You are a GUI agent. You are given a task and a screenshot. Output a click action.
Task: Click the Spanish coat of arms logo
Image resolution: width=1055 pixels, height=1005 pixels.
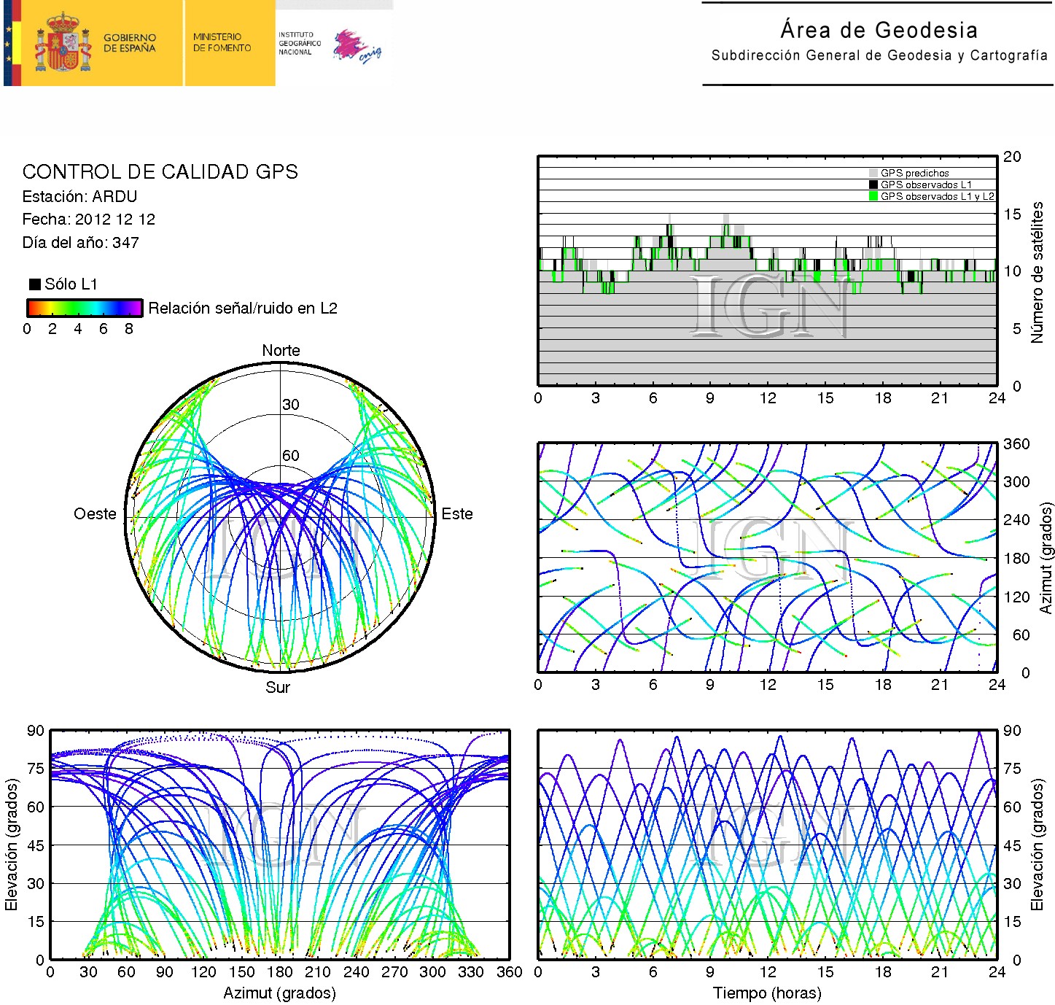63,43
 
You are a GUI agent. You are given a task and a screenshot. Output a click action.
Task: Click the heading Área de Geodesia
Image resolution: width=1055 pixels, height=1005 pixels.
879,30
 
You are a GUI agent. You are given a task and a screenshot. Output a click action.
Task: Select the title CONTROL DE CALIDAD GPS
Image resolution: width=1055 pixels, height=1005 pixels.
160,172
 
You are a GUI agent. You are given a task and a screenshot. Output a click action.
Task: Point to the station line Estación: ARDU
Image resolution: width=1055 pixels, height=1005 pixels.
79,197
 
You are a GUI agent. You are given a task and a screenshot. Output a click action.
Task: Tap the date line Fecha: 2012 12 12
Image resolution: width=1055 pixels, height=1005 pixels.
88,220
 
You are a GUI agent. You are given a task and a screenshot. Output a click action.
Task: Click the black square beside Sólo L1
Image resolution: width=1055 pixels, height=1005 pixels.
34,284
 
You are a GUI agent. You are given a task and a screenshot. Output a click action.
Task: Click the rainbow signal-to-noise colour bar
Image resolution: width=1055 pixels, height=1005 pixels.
85,308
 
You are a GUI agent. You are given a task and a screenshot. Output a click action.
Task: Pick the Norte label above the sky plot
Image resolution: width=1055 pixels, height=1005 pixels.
281,351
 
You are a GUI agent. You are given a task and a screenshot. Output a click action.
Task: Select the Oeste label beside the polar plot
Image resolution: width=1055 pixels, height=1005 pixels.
95,514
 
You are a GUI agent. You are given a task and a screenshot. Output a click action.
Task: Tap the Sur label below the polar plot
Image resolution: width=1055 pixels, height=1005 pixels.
278,688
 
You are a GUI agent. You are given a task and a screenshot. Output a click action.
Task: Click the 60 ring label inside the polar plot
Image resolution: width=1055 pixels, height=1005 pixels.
291,456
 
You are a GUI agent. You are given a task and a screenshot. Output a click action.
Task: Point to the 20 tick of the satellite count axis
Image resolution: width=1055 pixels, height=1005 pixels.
1012,157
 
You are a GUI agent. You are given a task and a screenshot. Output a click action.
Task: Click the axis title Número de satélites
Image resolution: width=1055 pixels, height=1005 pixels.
1037,272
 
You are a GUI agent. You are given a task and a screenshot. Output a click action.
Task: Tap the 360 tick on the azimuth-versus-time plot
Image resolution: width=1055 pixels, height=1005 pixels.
1016,444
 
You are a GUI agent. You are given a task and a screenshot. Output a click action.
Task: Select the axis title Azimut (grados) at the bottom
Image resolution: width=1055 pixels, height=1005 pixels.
279,993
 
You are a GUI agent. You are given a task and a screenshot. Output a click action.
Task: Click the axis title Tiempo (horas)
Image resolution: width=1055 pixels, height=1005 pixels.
767,993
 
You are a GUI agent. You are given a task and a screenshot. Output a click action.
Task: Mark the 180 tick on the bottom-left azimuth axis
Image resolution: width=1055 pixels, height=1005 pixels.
279,972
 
